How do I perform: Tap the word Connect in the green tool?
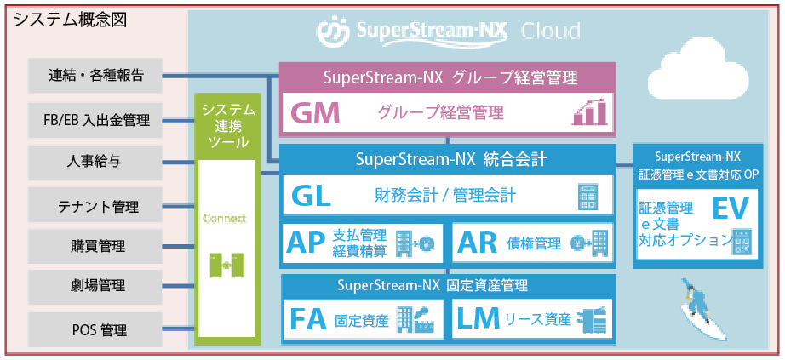tap(225, 219)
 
